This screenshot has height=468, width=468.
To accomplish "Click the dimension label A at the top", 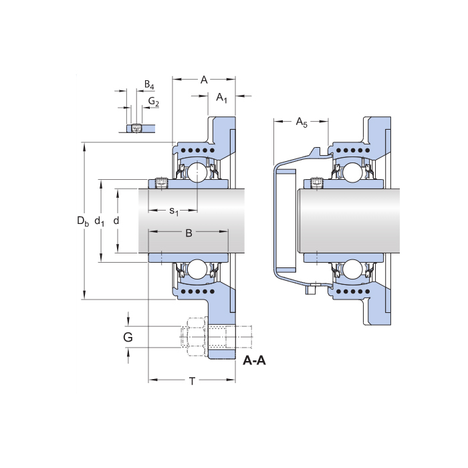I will pyautogui.click(x=204, y=80).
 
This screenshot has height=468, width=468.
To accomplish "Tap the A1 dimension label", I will pyautogui.click(x=222, y=98).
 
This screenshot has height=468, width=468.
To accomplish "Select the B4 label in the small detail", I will pyautogui.click(x=149, y=86).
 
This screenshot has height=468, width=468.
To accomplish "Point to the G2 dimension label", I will pyautogui.click(x=154, y=102).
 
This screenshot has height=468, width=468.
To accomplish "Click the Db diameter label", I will pyautogui.click(x=82, y=221).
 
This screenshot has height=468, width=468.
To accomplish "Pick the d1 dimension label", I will pyautogui.click(x=100, y=221).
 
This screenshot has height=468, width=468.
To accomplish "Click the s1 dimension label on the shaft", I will pyautogui.click(x=174, y=211).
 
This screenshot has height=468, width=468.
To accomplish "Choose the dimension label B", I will pyautogui.click(x=189, y=233).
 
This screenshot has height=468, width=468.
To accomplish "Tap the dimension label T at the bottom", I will pyautogui.click(x=192, y=382).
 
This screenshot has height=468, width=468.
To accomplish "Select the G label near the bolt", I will pyautogui.click(x=128, y=337).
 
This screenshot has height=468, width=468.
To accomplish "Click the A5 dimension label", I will pyautogui.click(x=302, y=122).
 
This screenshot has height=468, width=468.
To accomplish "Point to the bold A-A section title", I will pyautogui.click(x=254, y=362).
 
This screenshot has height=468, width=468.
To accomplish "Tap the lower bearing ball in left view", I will pyautogui.click(x=197, y=269).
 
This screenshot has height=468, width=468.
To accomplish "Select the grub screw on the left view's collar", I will pyautogui.click(x=160, y=183).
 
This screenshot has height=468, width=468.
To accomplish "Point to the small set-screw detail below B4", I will pyautogui.click(x=136, y=128).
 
